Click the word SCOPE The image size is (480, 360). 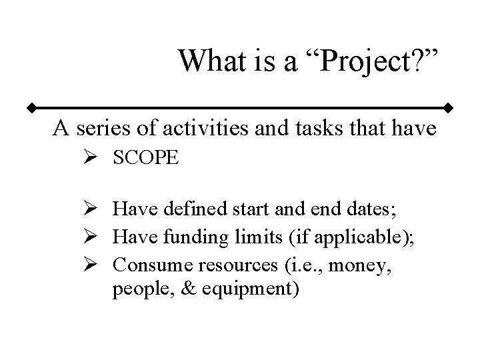point(145,158)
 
